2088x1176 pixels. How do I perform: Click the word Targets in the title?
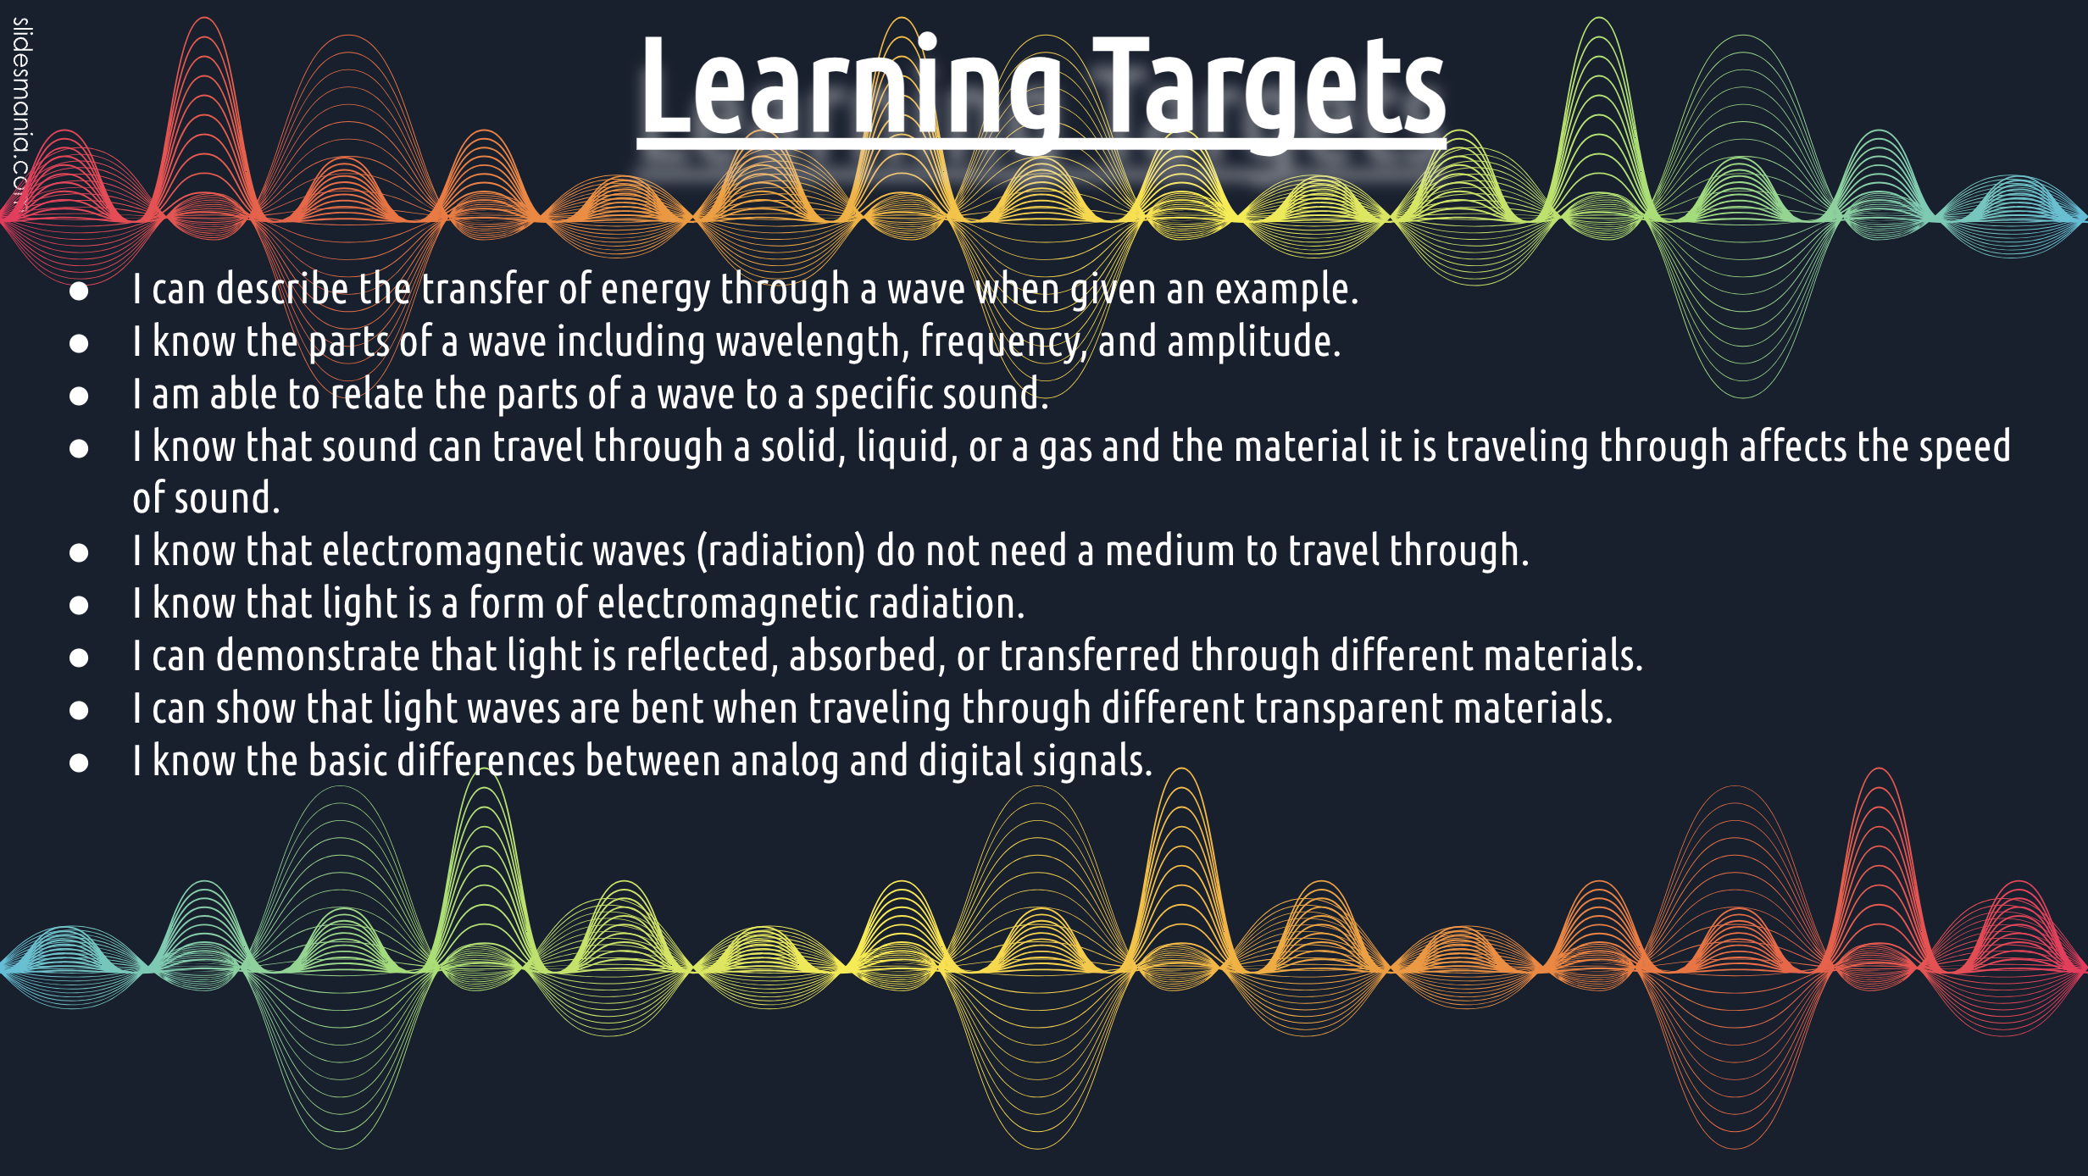[x=1269, y=87]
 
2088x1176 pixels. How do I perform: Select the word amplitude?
[x=1253, y=342]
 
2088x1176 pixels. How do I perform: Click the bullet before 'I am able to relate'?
[x=79, y=396]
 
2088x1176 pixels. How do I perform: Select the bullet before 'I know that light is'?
[x=79, y=605]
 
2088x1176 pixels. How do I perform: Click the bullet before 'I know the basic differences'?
[x=79, y=763]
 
